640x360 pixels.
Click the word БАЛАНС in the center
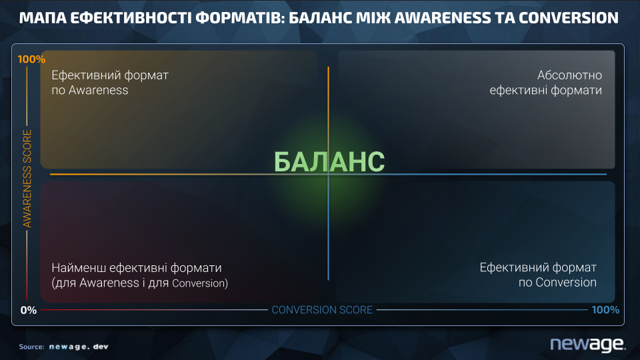click(329, 161)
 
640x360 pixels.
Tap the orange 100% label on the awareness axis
click(31, 59)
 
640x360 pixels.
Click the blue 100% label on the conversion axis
click(605, 310)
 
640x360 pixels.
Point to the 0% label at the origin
click(29, 310)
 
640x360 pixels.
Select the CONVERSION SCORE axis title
click(322, 310)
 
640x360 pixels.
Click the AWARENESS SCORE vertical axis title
click(27, 179)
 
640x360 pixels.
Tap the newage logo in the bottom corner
click(588, 344)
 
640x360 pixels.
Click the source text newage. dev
click(79, 347)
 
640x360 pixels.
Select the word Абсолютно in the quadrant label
click(569, 75)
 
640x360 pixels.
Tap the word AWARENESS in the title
click(443, 18)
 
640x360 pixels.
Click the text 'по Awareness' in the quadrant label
click(90, 90)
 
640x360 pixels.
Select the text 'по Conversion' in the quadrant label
click(557, 283)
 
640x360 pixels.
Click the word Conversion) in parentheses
click(200, 283)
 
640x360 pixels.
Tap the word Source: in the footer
click(31, 347)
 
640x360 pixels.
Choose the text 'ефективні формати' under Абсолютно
click(546, 90)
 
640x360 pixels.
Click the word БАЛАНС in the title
click(320, 18)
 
